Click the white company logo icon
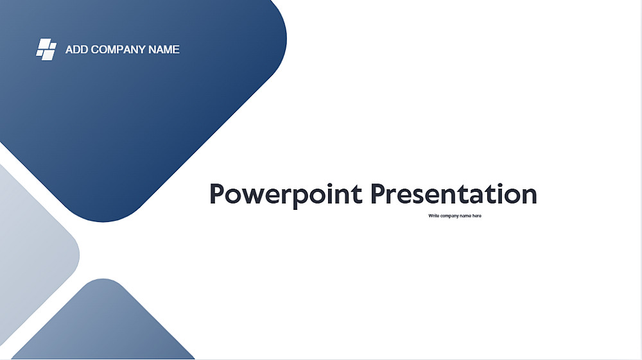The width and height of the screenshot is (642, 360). coord(46,49)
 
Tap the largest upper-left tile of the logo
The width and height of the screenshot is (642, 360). coord(44,44)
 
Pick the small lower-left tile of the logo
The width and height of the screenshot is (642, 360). coord(39,53)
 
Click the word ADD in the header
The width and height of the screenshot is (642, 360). coord(76,49)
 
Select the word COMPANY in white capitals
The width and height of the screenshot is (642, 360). coord(118,49)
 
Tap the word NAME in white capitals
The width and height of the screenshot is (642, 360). coord(164,49)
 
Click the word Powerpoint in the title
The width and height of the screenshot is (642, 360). coord(286,194)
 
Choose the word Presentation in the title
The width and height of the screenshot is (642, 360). coord(454,194)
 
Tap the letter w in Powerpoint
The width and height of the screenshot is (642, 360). coord(256,196)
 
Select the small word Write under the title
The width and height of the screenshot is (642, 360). coord(433,216)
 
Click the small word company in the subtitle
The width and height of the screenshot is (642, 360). coord(449,216)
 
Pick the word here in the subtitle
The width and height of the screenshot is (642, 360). coord(477,216)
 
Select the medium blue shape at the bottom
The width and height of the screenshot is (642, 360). coord(103,323)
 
